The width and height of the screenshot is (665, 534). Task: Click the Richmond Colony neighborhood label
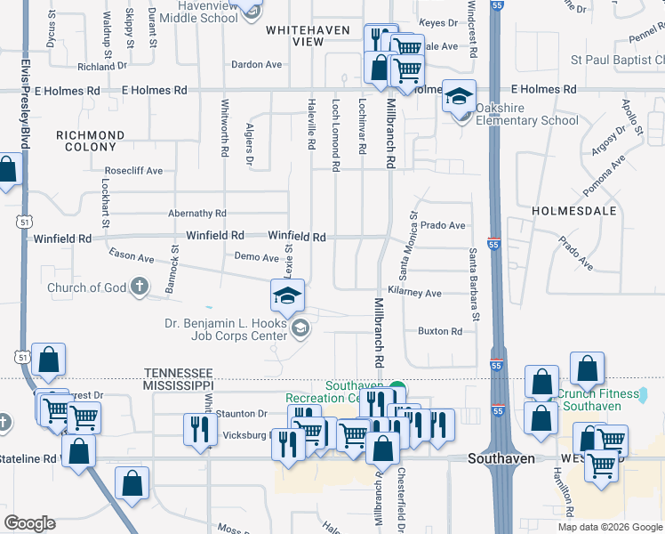click(x=90, y=142)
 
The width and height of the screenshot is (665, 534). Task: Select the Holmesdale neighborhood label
click(x=573, y=211)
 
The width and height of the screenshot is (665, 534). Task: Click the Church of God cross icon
click(x=139, y=287)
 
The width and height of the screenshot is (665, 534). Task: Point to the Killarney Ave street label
click(x=414, y=293)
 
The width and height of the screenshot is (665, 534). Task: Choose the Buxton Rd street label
click(x=440, y=331)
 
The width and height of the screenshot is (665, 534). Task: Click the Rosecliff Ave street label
click(x=133, y=170)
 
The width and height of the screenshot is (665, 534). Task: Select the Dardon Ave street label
click(x=256, y=65)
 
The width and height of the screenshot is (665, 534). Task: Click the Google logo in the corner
click(x=29, y=523)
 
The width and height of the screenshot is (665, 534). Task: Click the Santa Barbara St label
click(x=475, y=285)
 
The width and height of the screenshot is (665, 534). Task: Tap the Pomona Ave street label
click(x=605, y=176)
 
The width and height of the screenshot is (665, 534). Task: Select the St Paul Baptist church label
click(x=617, y=61)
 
